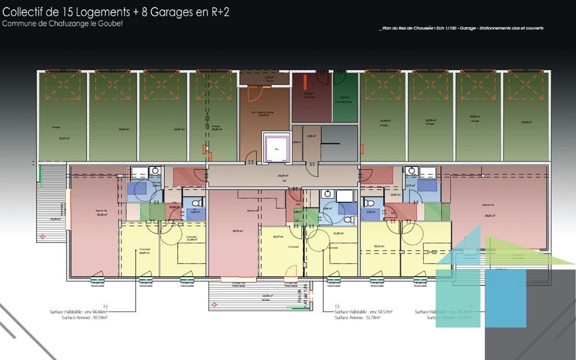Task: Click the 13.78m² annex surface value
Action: [x=371, y=318]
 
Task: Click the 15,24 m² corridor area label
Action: [x=283, y=175]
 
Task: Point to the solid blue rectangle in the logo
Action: [x=505, y=298]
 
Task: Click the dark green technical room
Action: [x=345, y=100]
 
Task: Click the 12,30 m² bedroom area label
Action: [x=338, y=233]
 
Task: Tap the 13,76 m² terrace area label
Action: [x=267, y=295]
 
